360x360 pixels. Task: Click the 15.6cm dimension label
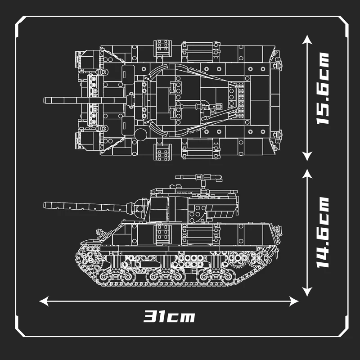pos(322,89)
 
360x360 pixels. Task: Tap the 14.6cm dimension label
pos(322,232)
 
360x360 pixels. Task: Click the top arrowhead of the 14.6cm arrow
pos(307,174)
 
